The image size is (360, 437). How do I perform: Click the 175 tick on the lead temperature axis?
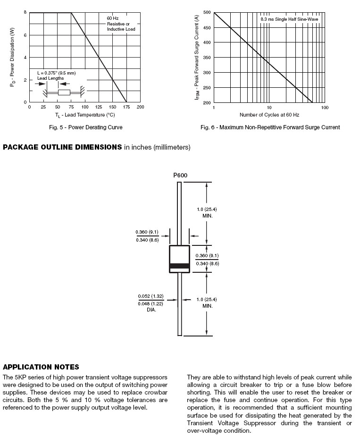pos(126,107)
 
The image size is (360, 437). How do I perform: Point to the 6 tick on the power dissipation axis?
pos(25,35)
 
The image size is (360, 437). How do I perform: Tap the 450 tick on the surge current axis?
pos(207,27)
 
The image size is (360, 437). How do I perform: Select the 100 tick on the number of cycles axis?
pos(325,108)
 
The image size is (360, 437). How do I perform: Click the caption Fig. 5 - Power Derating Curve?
pos(86,127)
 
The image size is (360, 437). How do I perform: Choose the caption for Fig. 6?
pos(270,127)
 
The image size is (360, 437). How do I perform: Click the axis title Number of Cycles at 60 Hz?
pos(269,115)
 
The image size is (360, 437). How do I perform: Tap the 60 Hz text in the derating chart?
pos(112,18)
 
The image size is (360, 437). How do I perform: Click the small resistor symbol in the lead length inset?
pos(64,92)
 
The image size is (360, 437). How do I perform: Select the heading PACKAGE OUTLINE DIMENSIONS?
pos(63,147)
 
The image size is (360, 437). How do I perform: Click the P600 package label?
pos(180,176)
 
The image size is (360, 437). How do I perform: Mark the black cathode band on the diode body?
pos(179,266)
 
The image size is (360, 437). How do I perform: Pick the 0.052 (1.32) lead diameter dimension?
pos(151,296)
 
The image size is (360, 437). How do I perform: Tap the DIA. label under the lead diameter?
pos(151,310)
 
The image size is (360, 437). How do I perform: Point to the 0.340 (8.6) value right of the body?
pos(208,263)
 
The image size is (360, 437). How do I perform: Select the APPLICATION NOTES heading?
pos(41,367)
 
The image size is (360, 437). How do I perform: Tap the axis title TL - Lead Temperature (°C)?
pos(85,115)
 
